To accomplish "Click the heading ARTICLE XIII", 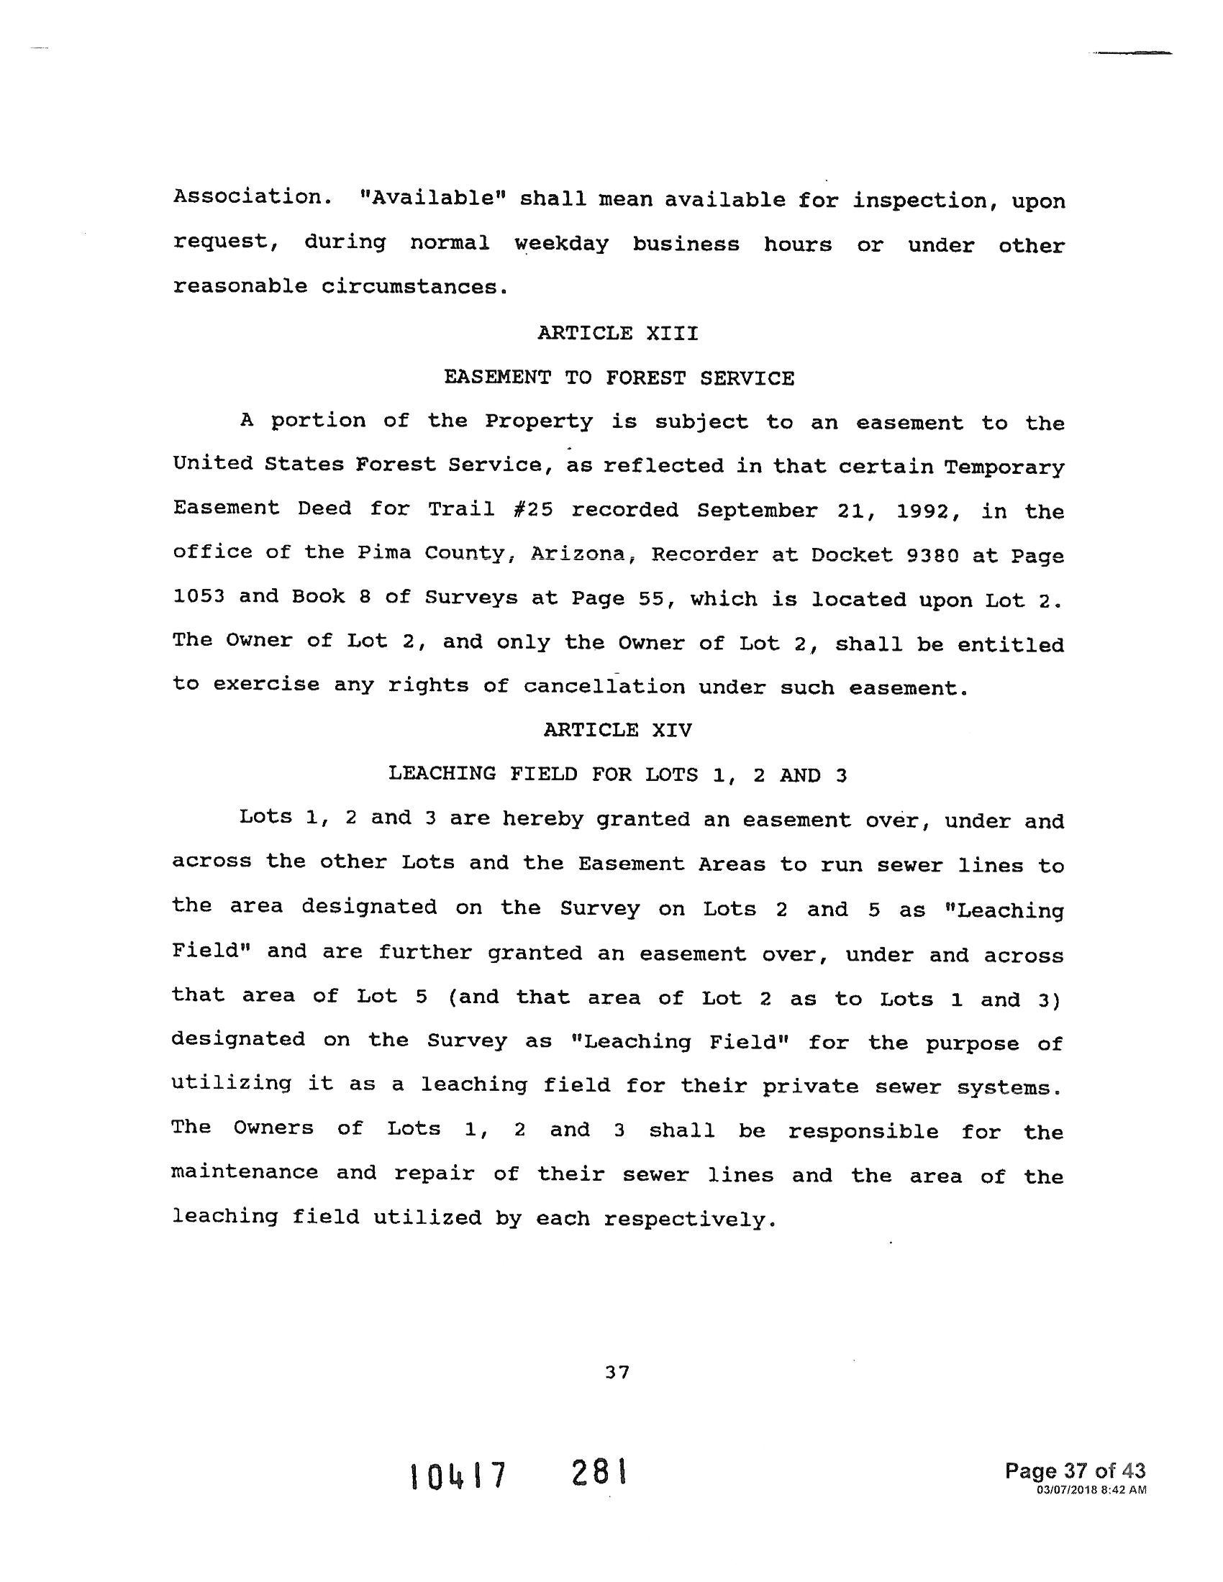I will pos(617,333).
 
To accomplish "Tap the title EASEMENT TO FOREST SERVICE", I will pos(619,378).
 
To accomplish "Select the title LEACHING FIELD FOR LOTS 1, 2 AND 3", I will pos(617,774).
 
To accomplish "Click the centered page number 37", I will pos(617,1372).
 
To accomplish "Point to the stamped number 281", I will pos(599,1473).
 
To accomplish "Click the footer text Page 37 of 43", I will pos(1076,1471).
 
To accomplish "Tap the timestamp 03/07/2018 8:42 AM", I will pos(1091,1489).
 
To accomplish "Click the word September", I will pos(758,511).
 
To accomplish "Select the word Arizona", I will pos(578,554).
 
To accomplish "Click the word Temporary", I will pos(1004,467).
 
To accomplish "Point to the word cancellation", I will pos(604,686).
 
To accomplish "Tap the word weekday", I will pos(562,243).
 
